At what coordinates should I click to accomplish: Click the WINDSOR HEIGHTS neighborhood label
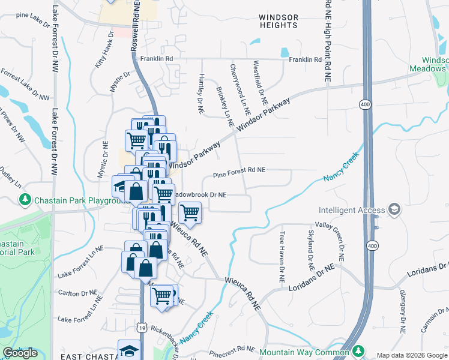(279, 21)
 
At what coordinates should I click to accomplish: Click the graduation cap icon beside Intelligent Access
(394, 209)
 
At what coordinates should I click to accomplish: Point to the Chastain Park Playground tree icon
(25, 199)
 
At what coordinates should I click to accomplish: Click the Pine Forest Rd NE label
(240, 170)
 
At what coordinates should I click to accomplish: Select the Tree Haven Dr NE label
(280, 256)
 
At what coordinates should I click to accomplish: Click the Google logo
(20, 353)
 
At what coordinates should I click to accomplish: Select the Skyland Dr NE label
(311, 249)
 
